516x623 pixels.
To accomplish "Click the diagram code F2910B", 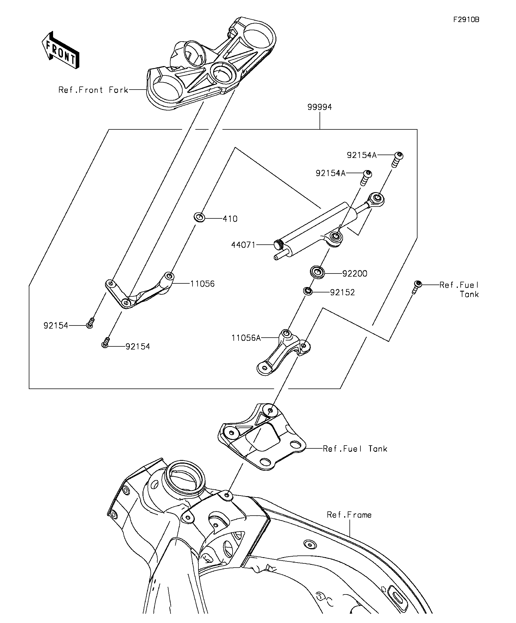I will click(x=466, y=19).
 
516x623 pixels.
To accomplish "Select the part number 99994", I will click(x=320, y=107).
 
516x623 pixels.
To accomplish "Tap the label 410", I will click(x=230, y=219).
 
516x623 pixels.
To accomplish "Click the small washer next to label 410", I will click(x=200, y=217).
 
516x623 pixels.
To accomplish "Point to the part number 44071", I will click(x=243, y=245).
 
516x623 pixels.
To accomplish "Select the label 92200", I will click(x=355, y=273).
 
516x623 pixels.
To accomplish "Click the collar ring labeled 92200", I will click(x=317, y=272).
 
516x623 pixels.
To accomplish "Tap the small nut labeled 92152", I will click(x=308, y=291).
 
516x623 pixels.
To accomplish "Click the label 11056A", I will click(x=246, y=338).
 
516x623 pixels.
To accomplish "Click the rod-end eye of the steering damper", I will click(x=377, y=197).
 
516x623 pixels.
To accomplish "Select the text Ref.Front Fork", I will click(x=93, y=90).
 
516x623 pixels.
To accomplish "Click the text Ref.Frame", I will click(x=349, y=515).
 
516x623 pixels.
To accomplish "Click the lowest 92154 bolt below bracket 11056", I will click(x=105, y=344).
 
